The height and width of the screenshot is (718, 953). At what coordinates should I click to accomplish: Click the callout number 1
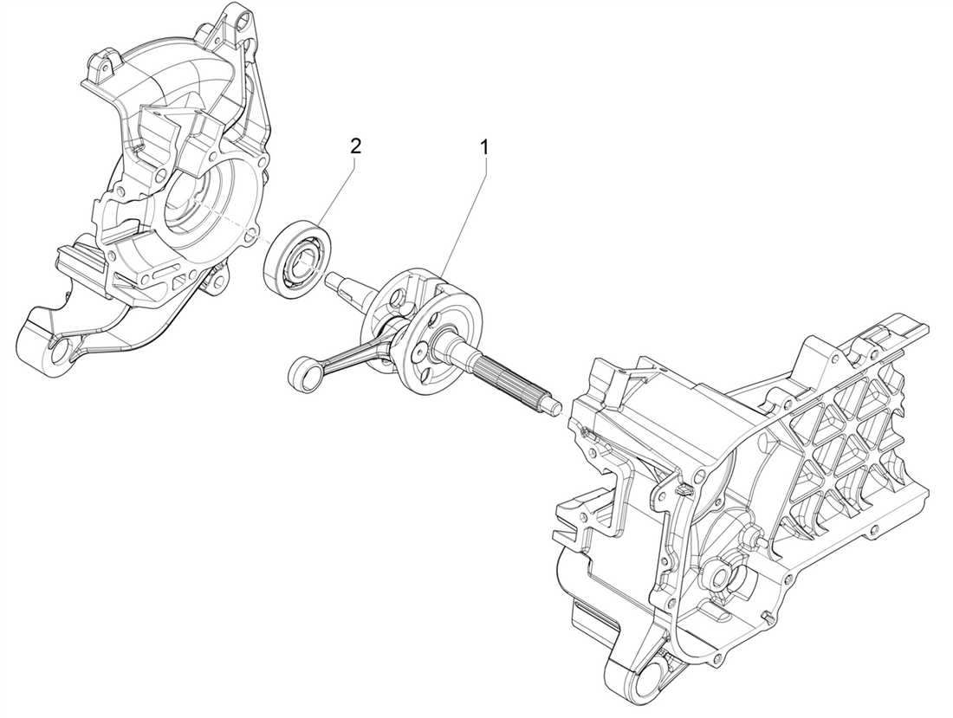coord(484,148)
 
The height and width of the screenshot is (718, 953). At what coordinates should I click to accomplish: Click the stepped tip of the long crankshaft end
coord(553,404)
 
